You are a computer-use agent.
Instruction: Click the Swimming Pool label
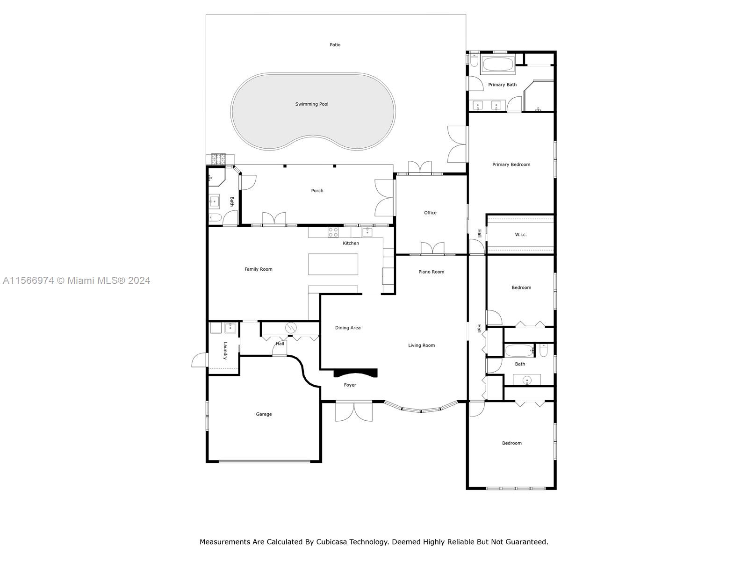pyautogui.click(x=311, y=104)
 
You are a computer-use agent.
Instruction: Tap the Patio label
pyautogui.click(x=335, y=45)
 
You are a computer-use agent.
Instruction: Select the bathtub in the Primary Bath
pyautogui.click(x=498, y=65)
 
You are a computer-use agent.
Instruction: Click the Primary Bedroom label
pyautogui.click(x=511, y=165)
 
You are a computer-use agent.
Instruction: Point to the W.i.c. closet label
pyautogui.click(x=521, y=235)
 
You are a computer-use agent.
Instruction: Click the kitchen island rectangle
pyautogui.click(x=333, y=264)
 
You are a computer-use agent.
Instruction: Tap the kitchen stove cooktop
pyautogui.click(x=333, y=232)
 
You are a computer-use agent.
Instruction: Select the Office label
pyautogui.click(x=430, y=213)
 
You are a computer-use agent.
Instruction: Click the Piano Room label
pyautogui.click(x=431, y=272)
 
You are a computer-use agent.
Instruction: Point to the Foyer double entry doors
pyautogui.click(x=354, y=411)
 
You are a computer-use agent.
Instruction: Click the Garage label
pyautogui.click(x=264, y=414)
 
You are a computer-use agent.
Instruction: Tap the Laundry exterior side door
pyautogui.click(x=200, y=360)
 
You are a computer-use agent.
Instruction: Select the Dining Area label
pyautogui.click(x=348, y=328)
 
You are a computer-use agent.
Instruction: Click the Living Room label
pyautogui.click(x=421, y=345)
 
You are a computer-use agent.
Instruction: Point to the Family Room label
pyautogui.click(x=259, y=269)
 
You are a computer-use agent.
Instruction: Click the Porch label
pyautogui.click(x=317, y=191)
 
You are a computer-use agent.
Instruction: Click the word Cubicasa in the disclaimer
pyautogui.click(x=334, y=542)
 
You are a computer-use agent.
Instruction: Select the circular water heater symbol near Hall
pyautogui.click(x=291, y=328)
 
